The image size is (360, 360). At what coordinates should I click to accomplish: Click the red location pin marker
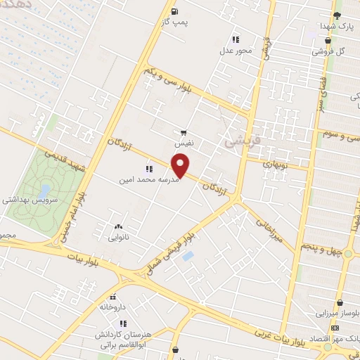tap(181, 166)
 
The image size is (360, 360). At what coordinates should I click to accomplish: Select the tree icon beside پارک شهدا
tap(337, 14)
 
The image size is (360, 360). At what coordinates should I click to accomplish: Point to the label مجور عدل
tap(235, 51)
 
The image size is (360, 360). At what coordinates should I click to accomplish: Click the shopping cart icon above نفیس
tap(183, 131)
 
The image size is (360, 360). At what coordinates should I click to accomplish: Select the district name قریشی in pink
tap(243, 141)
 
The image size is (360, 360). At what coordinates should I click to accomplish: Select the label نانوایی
tap(117, 238)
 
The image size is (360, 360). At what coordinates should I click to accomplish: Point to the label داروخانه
tap(114, 307)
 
